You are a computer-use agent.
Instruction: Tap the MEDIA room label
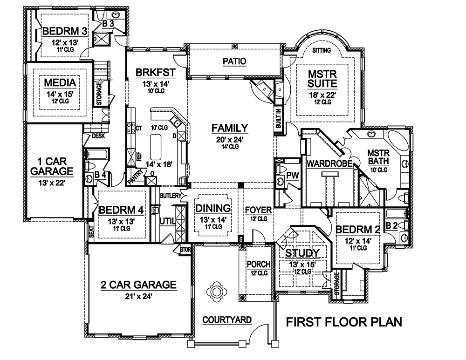60,83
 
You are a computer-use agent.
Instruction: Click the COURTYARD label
227,320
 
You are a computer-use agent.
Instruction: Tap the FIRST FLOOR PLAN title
343,322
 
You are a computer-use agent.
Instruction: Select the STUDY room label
302,253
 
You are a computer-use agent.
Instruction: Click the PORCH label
258,265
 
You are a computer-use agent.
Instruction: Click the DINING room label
212,208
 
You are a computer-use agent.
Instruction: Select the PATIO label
234,61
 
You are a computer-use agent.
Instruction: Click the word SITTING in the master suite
322,50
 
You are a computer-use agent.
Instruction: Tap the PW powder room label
292,175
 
